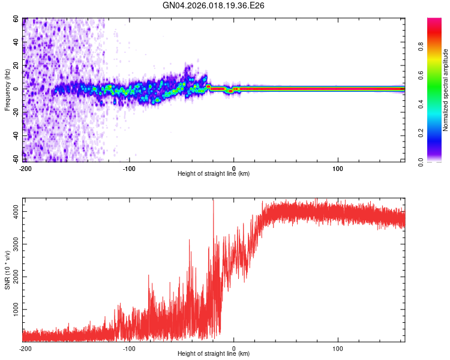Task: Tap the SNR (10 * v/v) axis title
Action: [x=7, y=270]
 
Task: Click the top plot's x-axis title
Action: [x=214, y=173]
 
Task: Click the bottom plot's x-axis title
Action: [x=214, y=353]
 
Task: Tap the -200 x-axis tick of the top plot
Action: [x=25, y=167]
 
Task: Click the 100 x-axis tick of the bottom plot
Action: [x=338, y=348]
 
